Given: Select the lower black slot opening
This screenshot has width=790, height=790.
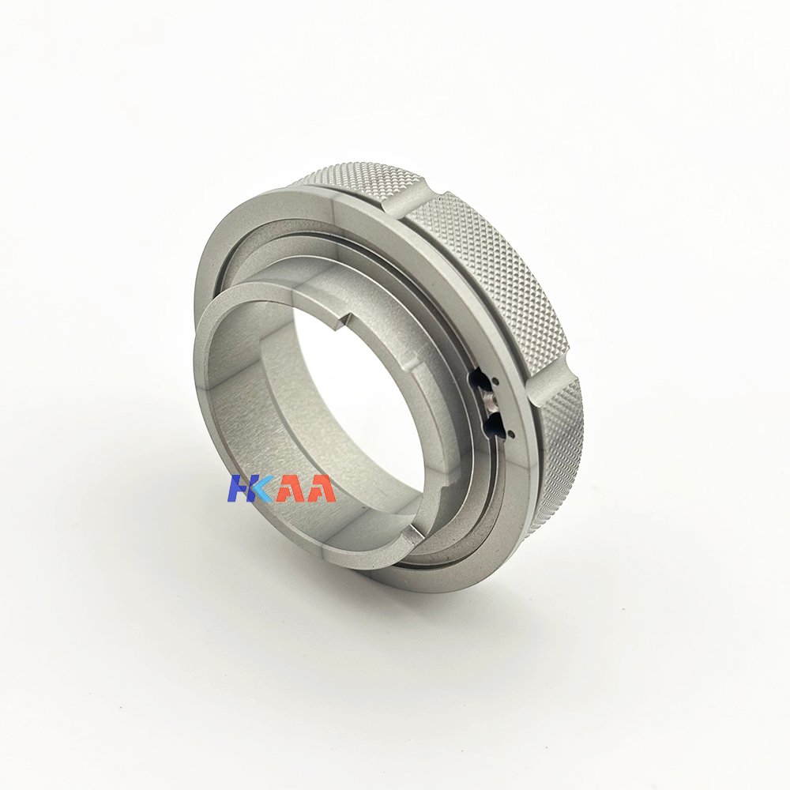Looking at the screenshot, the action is (x=491, y=423).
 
